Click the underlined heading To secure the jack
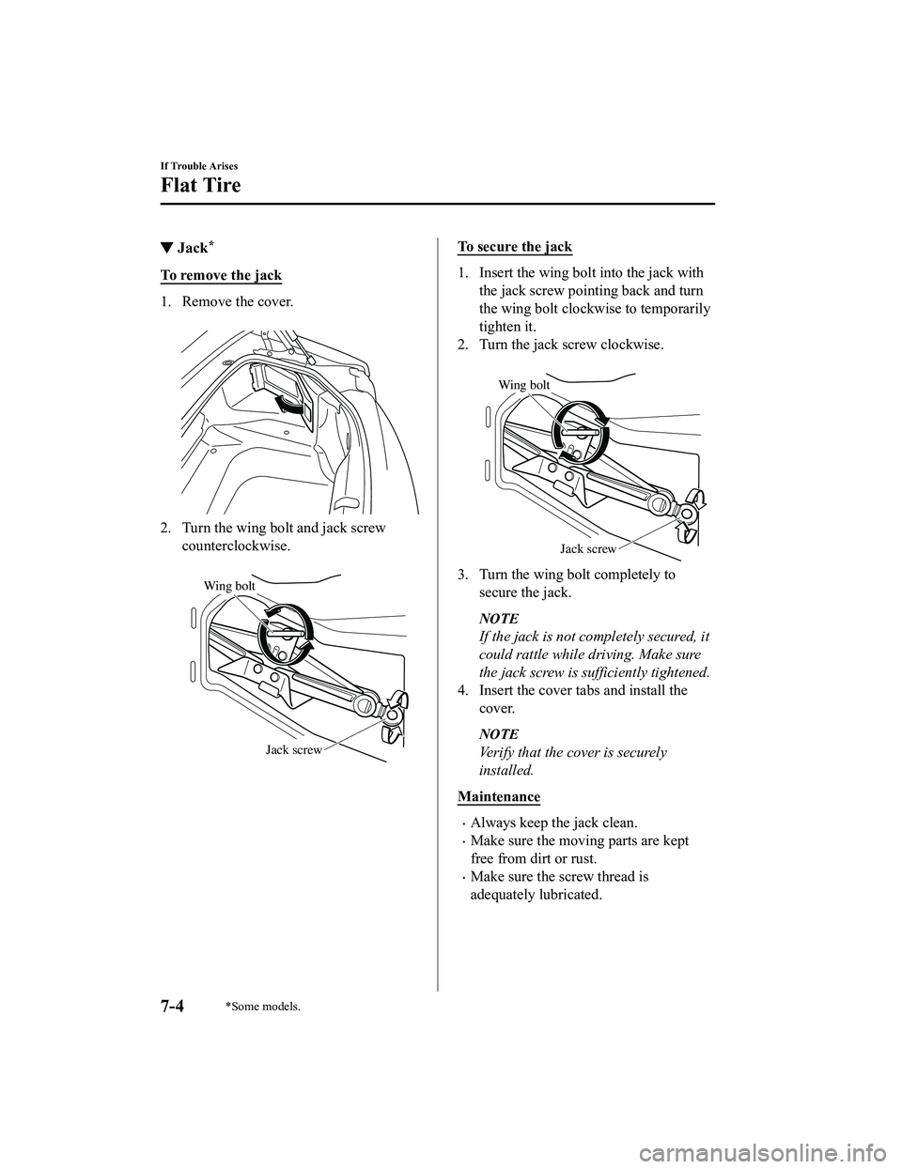tap(514, 246)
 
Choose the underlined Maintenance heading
tap(499, 796)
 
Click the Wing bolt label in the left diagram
tap(228, 586)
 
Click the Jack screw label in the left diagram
tap(293, 749)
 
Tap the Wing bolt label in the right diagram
tap(523, 384)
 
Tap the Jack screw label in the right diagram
tap(588, 548)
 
